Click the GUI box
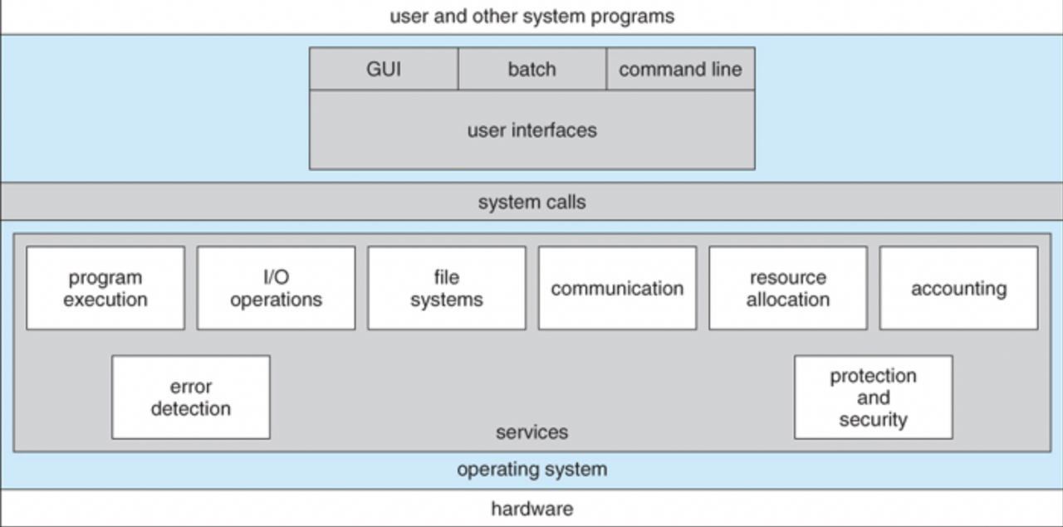[x=384, y=69]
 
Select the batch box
[x=532, y=69]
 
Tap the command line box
[x=680, y=69]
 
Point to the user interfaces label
[x=532, y=130]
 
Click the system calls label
[x=532, y=203]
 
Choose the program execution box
[x=105, y=288]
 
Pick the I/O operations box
[x=277, y=288]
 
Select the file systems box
[x=447, y=288]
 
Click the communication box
[x=617, y=288]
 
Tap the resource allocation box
[x=788, y=288]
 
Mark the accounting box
[x=958, y=288]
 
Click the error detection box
[x=191, y=397]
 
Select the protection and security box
[x=873, y=397]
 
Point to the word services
[x=532, y=432]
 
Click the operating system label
[x=532, y=470]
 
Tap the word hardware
[x=532, y=509]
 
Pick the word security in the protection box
[x=873, y=420]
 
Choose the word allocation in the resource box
[x=788, y=300]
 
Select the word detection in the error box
[x=191, y=409]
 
